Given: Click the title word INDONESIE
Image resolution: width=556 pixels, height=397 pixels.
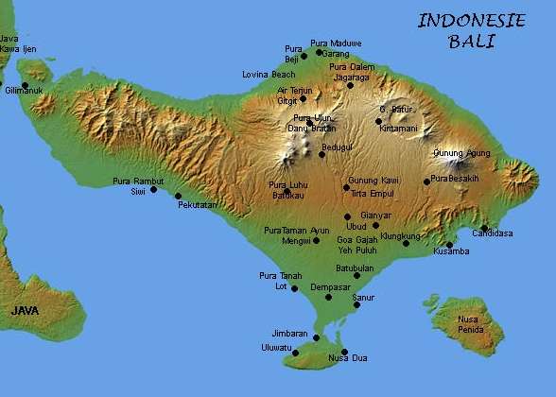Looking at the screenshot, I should [x=471, y=21].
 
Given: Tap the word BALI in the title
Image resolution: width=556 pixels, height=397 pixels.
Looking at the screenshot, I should [x=473, y=42].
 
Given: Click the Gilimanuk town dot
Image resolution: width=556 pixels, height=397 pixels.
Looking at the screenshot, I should [x=25, y=85].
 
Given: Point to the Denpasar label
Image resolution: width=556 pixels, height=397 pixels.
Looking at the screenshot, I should [x=330, y=286].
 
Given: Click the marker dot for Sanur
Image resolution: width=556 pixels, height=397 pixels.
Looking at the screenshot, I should [x=356, y=304].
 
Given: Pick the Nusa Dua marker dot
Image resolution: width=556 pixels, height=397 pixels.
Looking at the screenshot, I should [x=344, y=352].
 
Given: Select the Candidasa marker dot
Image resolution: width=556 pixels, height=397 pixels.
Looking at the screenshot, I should [x=484, y=229].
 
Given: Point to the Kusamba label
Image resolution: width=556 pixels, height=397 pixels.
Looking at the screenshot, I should [x=451, y=251].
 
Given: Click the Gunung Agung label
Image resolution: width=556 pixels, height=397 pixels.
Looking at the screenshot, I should [x=461, y=153].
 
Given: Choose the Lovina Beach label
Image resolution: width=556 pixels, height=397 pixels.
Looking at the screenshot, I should [x=269, y=74].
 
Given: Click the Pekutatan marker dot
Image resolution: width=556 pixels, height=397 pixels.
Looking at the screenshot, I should [x=178, y=196].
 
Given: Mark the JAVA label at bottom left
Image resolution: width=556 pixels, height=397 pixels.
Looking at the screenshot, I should [x=26, y=310].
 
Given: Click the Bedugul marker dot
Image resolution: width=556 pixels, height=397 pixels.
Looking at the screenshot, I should [x=321, y=154].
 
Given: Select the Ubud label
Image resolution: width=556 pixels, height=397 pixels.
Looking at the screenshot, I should [x=356, y=227].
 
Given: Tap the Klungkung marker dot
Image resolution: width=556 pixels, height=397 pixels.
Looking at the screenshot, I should [x=406, y=243].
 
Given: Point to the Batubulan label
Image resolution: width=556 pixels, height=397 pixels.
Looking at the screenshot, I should [x=356, y=268].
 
